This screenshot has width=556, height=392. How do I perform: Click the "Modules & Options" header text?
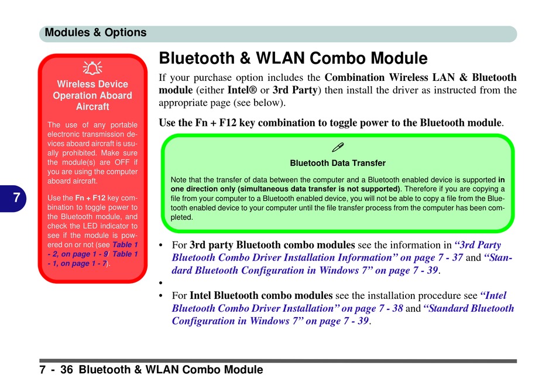[95, 33]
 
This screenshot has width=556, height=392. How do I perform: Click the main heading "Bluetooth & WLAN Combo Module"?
[293, 59]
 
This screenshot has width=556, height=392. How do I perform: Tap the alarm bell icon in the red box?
[92, 69]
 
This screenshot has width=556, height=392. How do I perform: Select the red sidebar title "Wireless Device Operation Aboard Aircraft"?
[92, 96]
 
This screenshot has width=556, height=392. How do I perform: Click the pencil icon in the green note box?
[338, 147]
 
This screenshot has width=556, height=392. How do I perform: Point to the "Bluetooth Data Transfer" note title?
[338, 163]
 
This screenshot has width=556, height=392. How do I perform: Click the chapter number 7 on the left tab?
[16, 198]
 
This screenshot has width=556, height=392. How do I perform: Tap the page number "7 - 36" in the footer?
[57, 370]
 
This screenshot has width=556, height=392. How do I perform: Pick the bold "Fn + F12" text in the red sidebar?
[91, 198]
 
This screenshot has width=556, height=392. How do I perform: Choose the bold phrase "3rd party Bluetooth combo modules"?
[272, 245]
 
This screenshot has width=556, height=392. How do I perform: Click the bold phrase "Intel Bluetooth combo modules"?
[261, 296]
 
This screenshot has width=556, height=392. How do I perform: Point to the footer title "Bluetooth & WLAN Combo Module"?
[170, 370]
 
